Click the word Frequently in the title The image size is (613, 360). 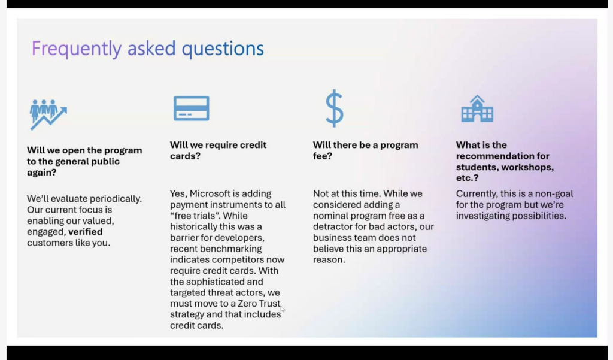[x=76, y=49]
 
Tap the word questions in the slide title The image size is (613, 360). [x=223, y=49]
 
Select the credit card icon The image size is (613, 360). [x=191, y=108]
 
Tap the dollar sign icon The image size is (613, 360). [x=335, y=108]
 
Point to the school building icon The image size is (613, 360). [x=477, y=109]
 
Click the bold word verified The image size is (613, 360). [x=85, y=232]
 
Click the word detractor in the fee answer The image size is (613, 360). [x=332, y=227]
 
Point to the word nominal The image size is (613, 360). [x=330, y=216]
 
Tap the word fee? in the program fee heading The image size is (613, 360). [x=323, y=156]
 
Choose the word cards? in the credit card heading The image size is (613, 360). [x=186, y=156]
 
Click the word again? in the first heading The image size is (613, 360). [x=42, y=173]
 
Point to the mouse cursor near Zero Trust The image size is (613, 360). [x=283, y=310]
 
